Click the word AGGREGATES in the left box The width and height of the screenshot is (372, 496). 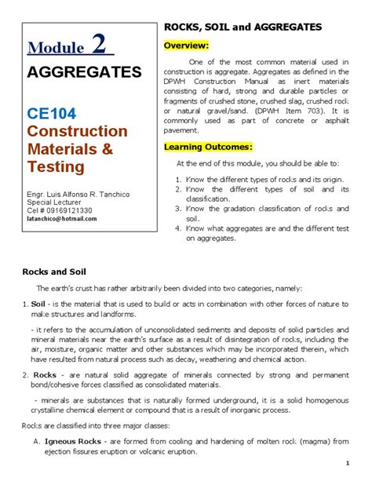[x=85, y=73]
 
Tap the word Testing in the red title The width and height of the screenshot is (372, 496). [x=57, y=166]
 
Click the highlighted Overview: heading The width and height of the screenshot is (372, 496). [x=186, y=46]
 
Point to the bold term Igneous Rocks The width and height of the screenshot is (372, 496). [x=72, y=441]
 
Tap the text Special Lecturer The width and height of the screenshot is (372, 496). [x=53, y=202]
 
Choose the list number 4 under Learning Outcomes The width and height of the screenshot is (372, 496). [x=179, y=228]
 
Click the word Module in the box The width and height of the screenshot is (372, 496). [x=55, y=48]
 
